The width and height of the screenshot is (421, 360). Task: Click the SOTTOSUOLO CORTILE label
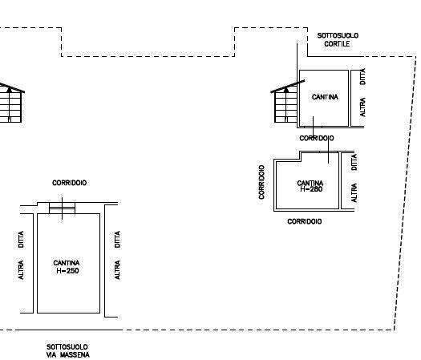point(338,39)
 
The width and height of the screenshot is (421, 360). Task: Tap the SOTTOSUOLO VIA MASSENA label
point(68,351)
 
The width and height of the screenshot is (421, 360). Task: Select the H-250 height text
point(67,271)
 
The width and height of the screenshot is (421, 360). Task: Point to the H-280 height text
point(311,189)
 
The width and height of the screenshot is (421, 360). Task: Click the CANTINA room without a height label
point(325,97)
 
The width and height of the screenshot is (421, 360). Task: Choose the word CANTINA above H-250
point(67,263)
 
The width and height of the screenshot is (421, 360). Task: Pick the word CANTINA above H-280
point(310,183)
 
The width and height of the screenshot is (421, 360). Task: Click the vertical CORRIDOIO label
point(261,182)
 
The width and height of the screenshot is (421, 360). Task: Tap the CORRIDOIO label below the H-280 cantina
point(305,221)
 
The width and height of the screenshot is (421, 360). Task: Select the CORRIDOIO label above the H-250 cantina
point(69,183)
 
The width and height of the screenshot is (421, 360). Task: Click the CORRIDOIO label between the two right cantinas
point(317,138)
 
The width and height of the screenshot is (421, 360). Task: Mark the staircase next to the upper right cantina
point(286,103)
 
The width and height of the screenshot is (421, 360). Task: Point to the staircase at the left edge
point(10,103)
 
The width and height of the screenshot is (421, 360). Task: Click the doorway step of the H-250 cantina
point(62,208)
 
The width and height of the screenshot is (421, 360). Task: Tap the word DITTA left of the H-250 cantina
point(21,239)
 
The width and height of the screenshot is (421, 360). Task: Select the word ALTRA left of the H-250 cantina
point(21,269)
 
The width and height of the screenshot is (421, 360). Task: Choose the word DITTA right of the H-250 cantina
point(117,239)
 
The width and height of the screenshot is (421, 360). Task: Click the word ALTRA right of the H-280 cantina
point(354,192)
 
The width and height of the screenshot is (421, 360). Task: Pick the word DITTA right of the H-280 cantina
point(354,162)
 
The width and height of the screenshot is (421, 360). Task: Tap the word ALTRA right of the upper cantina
point(362,107)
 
